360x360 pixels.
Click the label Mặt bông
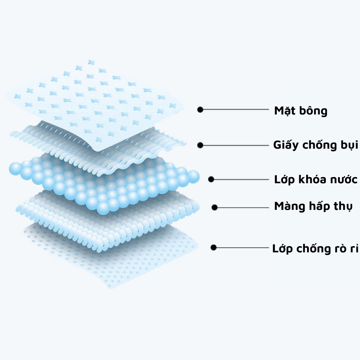pos(301,111)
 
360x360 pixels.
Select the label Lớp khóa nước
pos(316,179)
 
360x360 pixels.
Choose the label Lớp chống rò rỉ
pos(315,248)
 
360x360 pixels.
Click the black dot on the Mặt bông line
pos(200,109)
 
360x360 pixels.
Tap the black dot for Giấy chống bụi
pos(200,145)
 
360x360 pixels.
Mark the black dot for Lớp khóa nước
pos(211,179)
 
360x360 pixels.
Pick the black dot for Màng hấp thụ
pos(215,207)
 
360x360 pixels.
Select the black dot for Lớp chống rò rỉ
pos(214,248)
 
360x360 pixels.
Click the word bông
pos(314,111)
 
